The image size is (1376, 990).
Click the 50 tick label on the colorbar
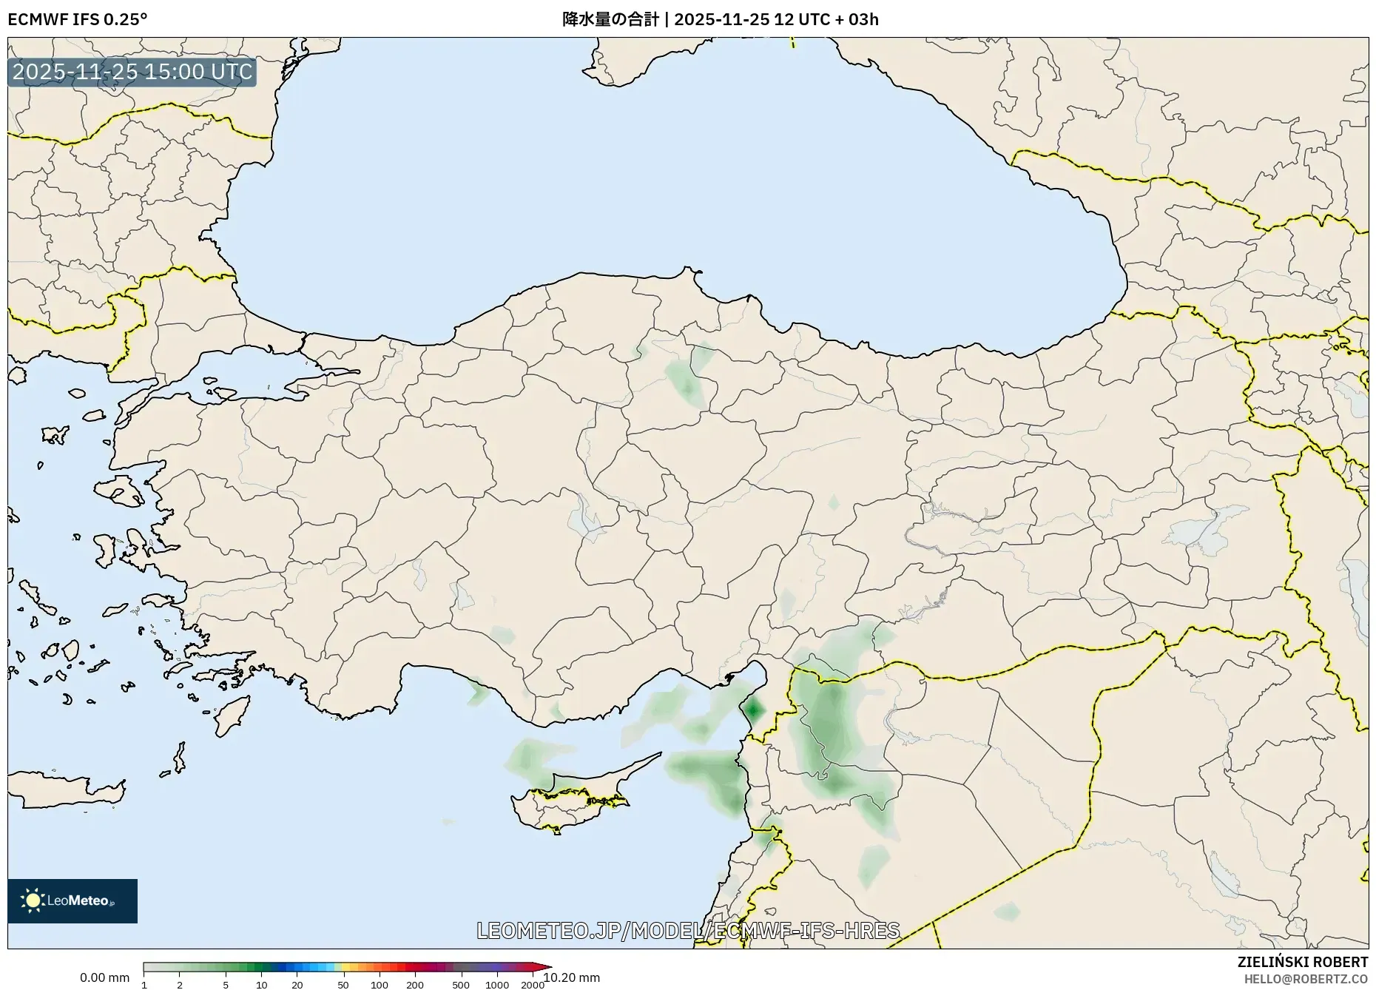tap(343, 985)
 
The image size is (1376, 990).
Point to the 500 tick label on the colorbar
tap(461, 985)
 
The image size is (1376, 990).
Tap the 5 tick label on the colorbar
tap(226, 985)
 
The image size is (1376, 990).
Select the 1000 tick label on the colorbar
tap(497, 985)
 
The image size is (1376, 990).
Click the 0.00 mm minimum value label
tap(104, 977)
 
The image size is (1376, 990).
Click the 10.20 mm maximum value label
tap(572, 977)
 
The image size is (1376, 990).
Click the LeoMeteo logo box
tap(72, 900)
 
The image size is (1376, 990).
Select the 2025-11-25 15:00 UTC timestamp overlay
tap(132, 72)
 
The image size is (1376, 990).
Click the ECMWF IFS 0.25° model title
tap(78, 19)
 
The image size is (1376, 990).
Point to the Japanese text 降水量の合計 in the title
tap(610, 19)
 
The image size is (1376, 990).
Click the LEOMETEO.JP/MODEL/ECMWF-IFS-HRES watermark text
tap(688, 930)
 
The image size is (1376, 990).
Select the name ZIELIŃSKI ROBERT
tap(1303, 962)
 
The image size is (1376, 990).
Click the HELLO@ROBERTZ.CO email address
tap(1306, 979)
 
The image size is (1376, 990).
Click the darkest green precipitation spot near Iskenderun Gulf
tap(753, 710)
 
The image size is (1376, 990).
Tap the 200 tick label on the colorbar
tap(415, 985)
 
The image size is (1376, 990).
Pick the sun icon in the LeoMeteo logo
tap(33, 900)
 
